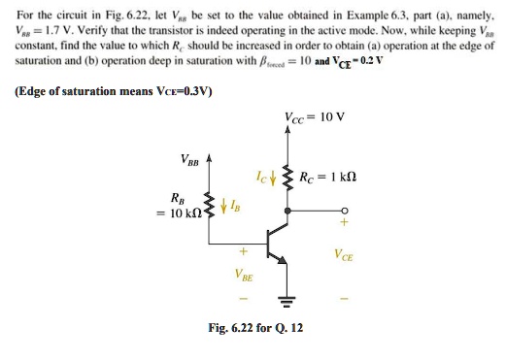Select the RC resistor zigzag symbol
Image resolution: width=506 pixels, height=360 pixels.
point(287,178)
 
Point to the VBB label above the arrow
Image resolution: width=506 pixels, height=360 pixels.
point(191,158)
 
